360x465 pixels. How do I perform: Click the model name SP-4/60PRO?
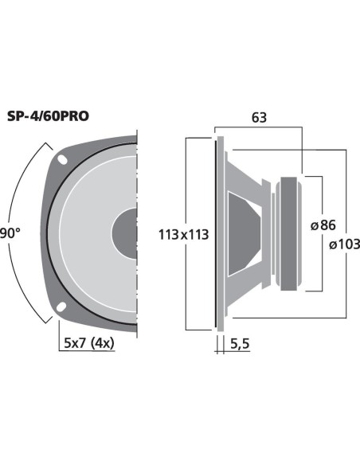click(x=48, y=116)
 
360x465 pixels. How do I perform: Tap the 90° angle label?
click(x=10, y=233)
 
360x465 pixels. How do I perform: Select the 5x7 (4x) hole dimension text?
click(x=89, y=343)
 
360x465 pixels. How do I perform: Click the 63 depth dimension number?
click(x=259, y=118)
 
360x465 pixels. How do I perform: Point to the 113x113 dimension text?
click(x=183, y=235)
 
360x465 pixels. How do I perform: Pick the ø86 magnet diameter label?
click(x=323, y=225)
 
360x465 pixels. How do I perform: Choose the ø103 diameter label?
click(x=345, y=244)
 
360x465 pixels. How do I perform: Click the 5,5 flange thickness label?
click(x=240, y=344)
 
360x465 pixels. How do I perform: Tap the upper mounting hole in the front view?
click(x=62, y=159)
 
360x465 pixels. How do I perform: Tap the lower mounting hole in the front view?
click(x=61, y=307)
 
